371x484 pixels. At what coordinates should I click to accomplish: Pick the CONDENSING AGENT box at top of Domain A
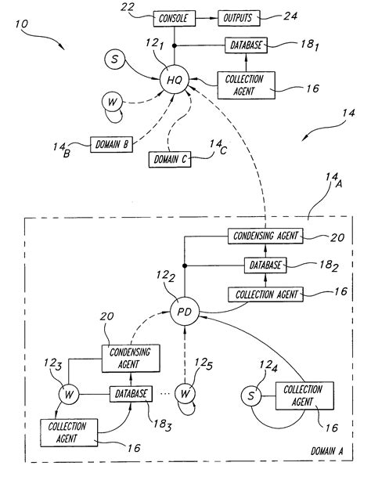(265, 236)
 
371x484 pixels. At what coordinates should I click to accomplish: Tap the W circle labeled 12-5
(185, 392)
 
